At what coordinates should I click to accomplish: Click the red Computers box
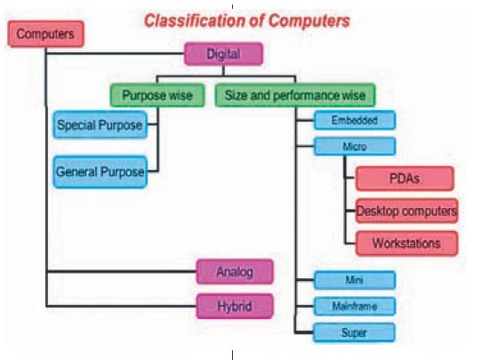[45, 34]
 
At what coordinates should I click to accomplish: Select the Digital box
[223, 54]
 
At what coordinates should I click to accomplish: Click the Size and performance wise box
[294, 94]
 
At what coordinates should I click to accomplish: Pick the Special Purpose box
[100, 125]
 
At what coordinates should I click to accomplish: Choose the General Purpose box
[100, 172]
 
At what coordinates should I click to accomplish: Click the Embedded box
[355, 120]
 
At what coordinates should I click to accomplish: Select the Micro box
[355, 146]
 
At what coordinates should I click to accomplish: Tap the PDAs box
[405, 178]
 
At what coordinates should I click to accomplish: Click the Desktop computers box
[406, 212]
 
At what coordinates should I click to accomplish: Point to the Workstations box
[405, 242]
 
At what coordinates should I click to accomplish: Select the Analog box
[234, 272]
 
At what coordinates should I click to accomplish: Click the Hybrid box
[234, 307]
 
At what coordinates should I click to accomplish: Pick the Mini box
[355, 280]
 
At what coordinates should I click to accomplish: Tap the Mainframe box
[355, 306]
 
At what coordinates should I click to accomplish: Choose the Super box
[355, 332]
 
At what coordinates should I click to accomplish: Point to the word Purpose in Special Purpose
[120, 125]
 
